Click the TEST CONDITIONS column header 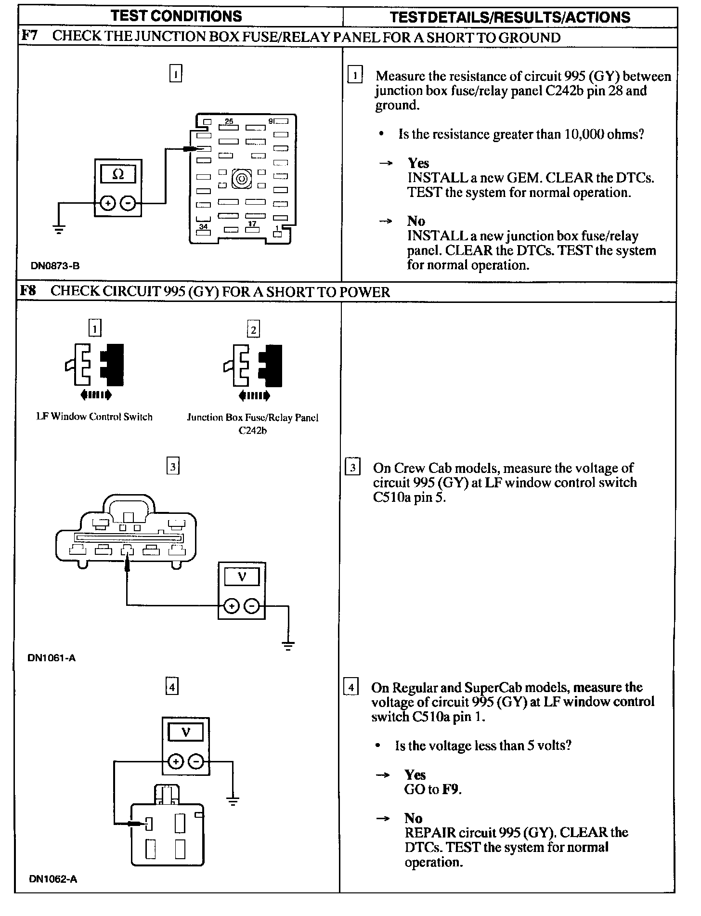[x=176, y=16]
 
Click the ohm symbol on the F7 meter [x=117, y=174]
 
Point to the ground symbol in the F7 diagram [x=59, y=229]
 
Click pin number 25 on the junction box [x=229, y=121]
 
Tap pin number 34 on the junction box [x=204, y=226]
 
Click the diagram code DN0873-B [x=55, y=265]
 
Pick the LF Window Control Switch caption [x=94, y=417]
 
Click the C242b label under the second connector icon [x=252, y=431]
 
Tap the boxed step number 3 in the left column [x=173, y=467]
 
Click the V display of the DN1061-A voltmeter [x=242, y=576]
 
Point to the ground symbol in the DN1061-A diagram [x=288, y=646]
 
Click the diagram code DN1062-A [x=53, y=879]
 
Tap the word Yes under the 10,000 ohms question [x=418, y=163]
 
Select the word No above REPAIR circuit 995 [x=414, y=818]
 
